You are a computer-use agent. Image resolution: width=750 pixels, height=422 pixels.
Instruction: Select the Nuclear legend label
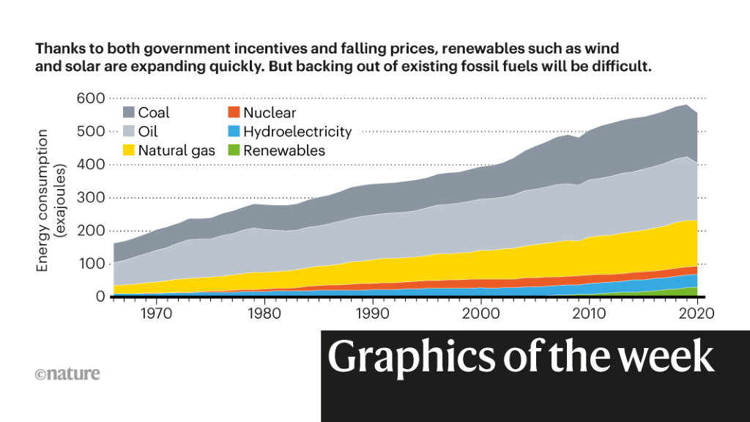(x=270, y=113)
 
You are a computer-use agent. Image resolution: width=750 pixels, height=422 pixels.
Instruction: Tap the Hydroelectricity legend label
(x=297, y=132)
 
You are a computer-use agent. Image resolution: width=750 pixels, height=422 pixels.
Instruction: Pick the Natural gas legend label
(x=177, y=151)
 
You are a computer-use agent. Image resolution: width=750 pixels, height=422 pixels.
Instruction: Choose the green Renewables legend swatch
(x=232, y=151)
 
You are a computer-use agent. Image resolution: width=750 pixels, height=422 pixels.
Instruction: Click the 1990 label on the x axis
(x=373, y=314)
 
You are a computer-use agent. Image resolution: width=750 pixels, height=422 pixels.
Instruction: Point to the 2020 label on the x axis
(x=696, y=314)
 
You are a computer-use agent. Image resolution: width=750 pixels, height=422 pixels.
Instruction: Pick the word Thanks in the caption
(x=58, y=49)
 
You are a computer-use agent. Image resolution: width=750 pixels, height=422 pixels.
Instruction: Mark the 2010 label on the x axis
(x=588, y=314)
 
